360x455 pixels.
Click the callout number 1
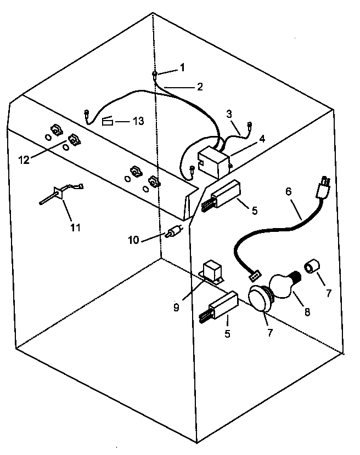[183, 68]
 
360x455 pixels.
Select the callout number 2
[200, 87]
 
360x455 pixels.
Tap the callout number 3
[229, 114]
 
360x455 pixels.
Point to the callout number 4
[262, 139]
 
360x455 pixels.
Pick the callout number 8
[306, 312]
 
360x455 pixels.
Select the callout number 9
[176, 308]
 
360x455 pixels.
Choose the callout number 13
[138, 120]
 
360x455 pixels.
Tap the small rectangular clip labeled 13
[108, 121]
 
